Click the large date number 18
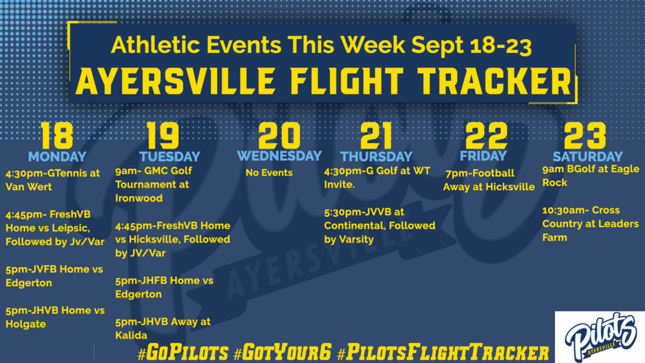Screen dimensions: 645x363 [57, 135]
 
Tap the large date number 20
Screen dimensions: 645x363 [279, 135]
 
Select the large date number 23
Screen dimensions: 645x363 [585, 135]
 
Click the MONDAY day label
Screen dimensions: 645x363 [57, 157]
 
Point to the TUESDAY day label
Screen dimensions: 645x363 [169, 157]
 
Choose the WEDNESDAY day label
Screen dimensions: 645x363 [279, 156]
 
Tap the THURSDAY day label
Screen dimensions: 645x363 [376, 157]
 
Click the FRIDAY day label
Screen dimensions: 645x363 [483, 156]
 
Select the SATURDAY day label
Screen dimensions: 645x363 [588, 157]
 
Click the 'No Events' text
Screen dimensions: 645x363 [269, 173]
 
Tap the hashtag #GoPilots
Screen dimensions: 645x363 [183, 353]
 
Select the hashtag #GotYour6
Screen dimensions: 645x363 [282, 353]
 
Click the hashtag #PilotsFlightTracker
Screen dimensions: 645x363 [443, 353]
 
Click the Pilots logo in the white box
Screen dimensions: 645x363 [600, 337]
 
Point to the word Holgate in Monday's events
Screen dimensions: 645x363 [25, 325]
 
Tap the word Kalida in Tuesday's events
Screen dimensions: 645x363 [131, 335]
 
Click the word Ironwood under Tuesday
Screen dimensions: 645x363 [139, 198]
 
